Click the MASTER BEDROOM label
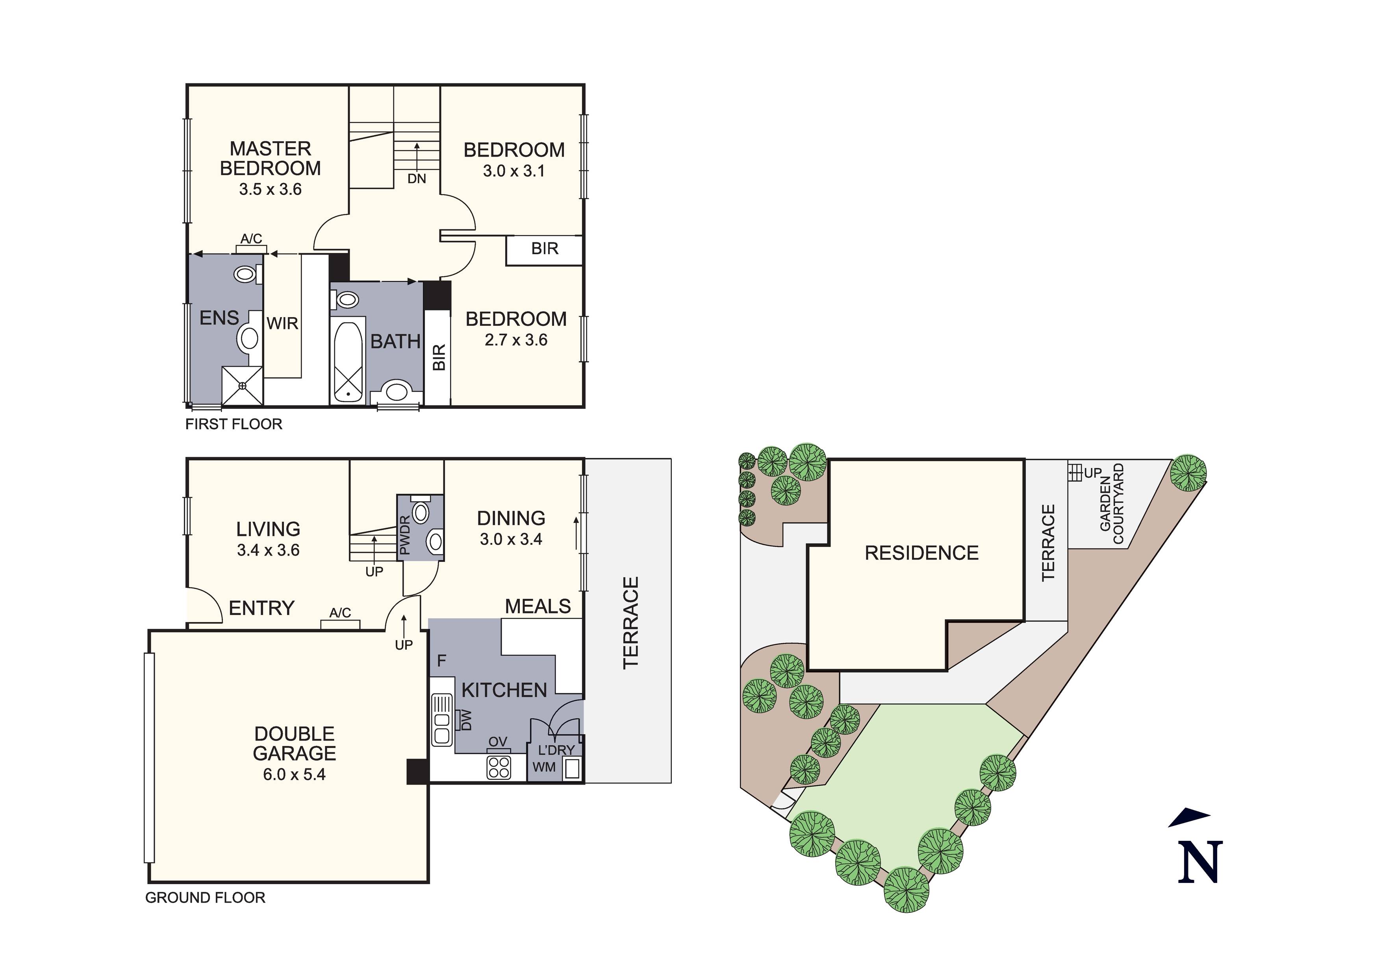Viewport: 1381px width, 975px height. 270,158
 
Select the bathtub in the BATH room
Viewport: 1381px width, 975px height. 348,362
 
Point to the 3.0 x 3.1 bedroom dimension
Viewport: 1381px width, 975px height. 513,171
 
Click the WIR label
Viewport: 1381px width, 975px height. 282,323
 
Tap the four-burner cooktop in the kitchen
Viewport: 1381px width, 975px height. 499,767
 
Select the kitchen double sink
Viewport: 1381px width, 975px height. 442,720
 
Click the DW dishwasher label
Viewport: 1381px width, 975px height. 465,720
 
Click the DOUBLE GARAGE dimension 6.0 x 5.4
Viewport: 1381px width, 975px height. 294,774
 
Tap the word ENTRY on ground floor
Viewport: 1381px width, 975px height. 261,608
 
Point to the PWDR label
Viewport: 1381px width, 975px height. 405,536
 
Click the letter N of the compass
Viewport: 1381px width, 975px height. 1200,862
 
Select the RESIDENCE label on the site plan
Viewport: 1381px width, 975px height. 921,553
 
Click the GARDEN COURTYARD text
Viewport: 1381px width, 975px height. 1112,504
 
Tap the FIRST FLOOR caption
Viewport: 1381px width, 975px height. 234,425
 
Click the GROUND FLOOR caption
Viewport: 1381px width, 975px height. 205,898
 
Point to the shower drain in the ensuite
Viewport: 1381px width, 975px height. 243,385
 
